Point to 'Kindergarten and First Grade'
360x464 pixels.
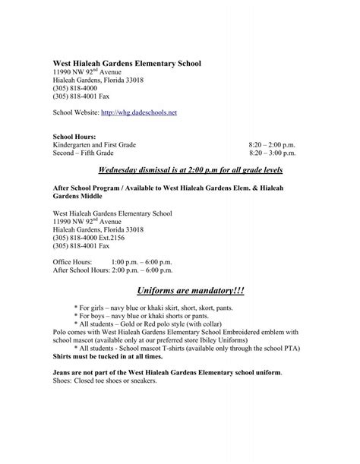coord(95,142)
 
